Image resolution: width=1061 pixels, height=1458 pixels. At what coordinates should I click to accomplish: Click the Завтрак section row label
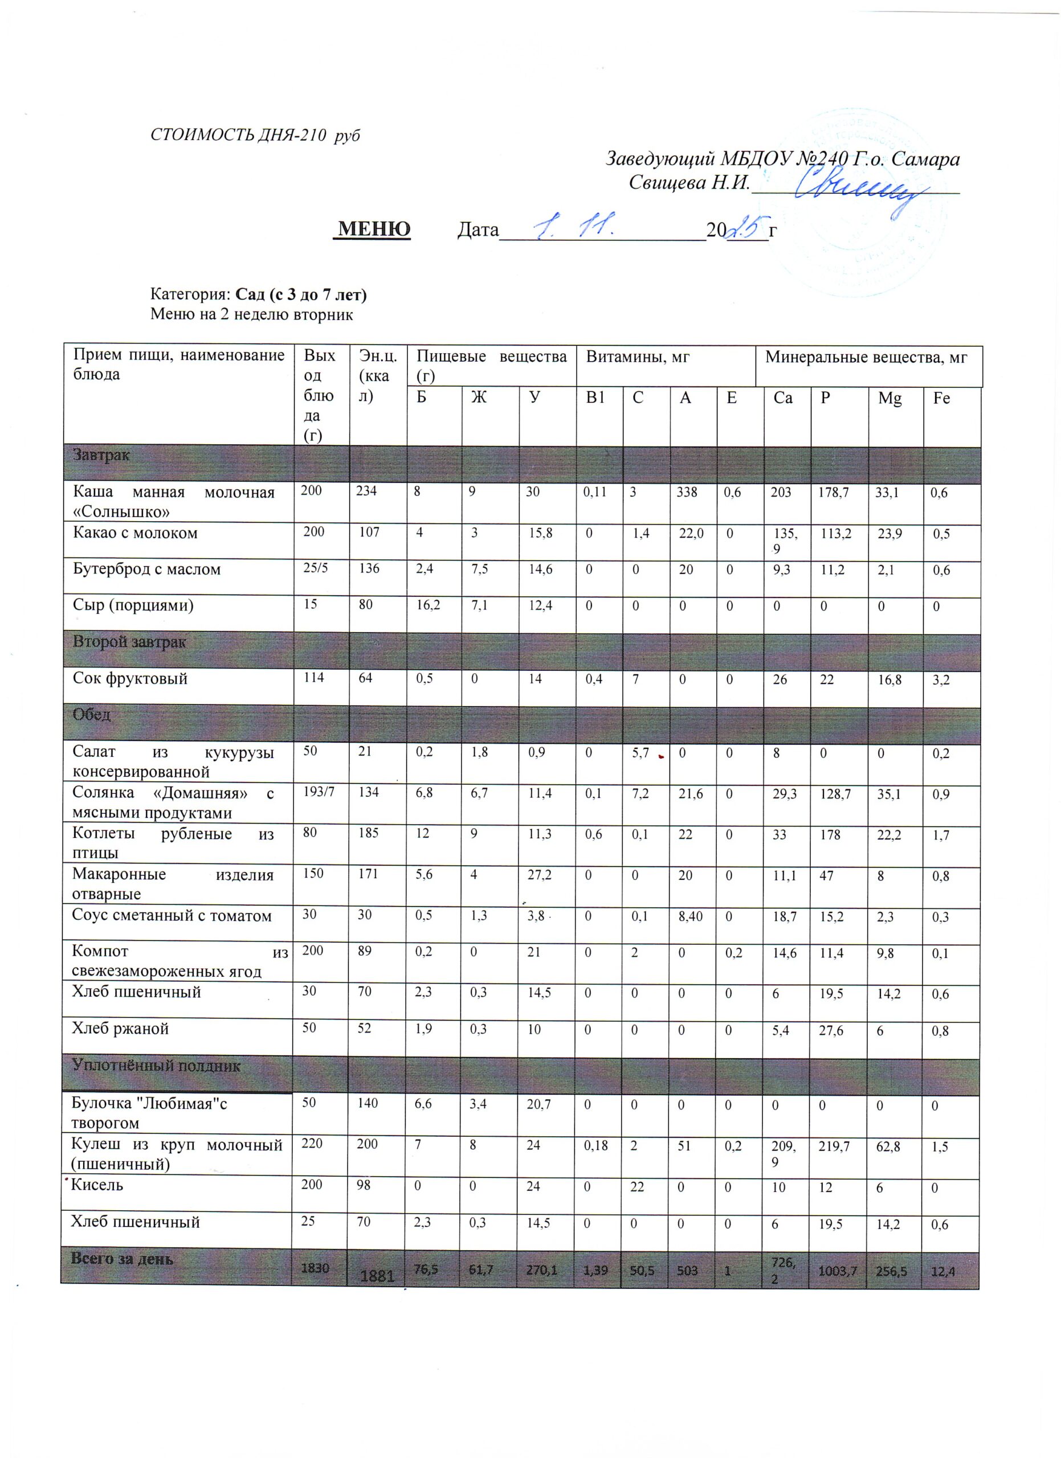[x=101, y=455]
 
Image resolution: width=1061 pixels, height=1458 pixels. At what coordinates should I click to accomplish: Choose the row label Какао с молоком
[x=135, y=533]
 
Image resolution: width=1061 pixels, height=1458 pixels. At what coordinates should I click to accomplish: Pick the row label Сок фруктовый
[x=130, y=678]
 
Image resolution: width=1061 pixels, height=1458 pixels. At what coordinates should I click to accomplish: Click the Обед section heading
[x=92, y=714]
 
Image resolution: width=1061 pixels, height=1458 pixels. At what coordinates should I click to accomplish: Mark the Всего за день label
[x=121, y=1259]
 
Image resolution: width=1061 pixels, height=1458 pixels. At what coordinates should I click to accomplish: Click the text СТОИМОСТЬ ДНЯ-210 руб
[x=255, y=136]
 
